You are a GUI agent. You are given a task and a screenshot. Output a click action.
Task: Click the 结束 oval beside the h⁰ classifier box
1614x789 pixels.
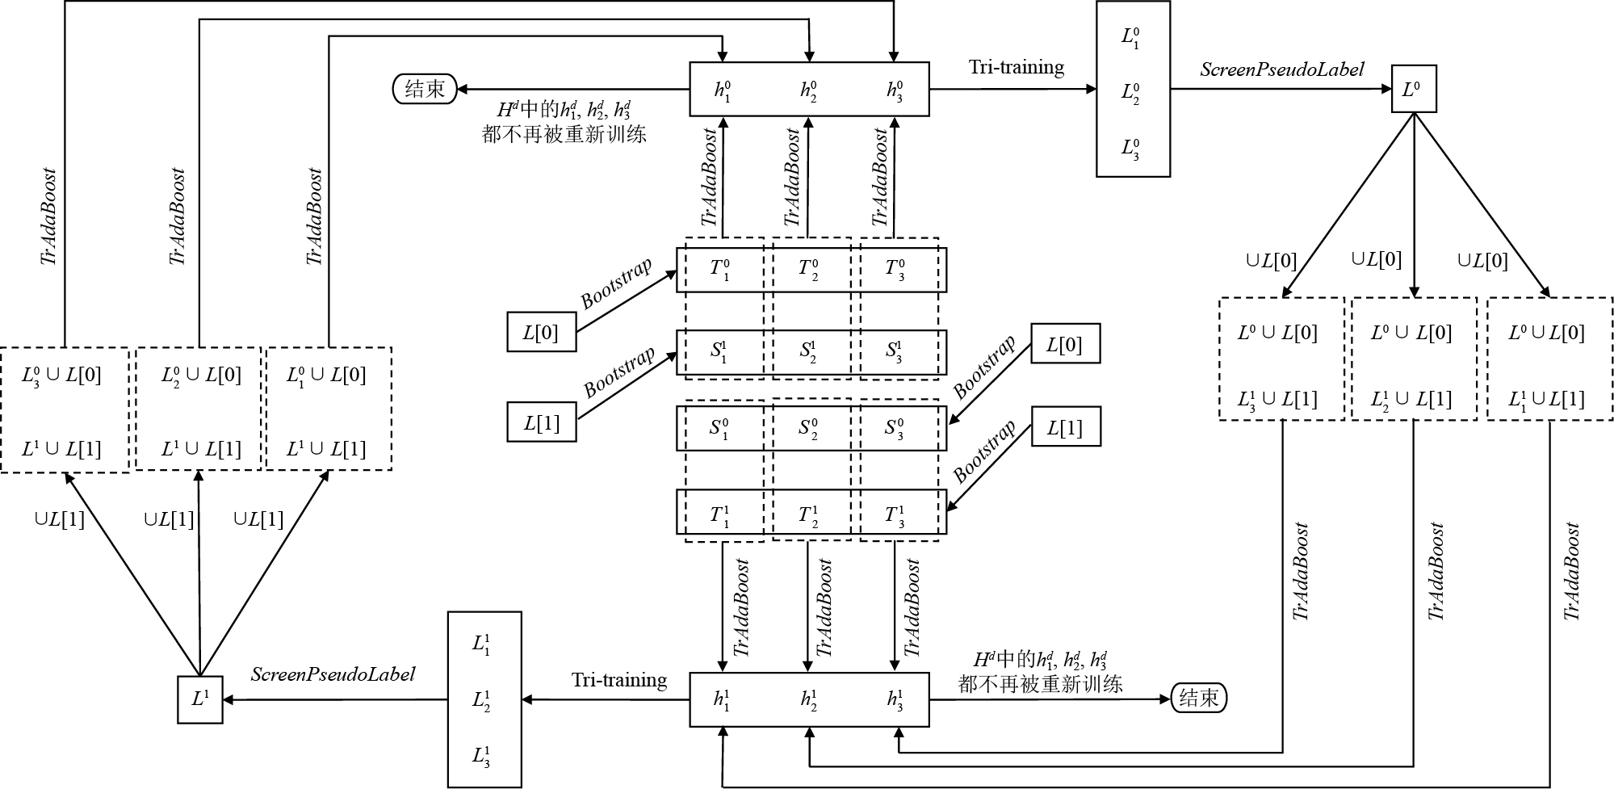point(425,88)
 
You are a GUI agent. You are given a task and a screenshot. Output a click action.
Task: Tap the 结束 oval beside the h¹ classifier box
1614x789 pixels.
point(1199,698)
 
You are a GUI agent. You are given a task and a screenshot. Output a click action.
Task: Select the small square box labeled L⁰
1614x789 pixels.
point(1414,89)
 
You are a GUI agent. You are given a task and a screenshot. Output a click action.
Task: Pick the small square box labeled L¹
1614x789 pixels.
point(200,699)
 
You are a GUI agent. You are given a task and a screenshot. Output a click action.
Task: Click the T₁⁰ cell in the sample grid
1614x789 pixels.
point(720,269)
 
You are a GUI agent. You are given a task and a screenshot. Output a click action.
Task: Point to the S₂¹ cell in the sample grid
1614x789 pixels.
point(809,352)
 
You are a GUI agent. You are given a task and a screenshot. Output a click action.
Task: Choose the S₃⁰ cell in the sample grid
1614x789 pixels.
point(895,429)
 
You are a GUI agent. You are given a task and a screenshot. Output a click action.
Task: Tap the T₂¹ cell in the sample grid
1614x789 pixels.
point(809,514)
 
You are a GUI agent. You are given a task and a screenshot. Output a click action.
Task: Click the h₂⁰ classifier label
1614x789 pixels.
point(809,90)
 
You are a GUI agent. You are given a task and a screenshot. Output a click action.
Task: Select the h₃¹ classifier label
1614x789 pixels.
point(895,699)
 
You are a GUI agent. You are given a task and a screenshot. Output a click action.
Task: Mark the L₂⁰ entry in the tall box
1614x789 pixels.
point(1131,92)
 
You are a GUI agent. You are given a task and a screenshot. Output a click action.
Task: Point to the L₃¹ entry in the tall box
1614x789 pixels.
point(481,756)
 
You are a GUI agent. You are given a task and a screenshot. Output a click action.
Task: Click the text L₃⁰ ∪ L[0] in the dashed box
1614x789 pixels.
point(61,375)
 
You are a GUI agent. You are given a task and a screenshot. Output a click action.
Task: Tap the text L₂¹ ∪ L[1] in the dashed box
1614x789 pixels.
point(1411,399)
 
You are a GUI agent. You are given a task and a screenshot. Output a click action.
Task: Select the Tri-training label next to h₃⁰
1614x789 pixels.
point(1017,67)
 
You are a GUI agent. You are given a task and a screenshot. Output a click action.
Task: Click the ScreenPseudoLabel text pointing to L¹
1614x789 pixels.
point(333,674)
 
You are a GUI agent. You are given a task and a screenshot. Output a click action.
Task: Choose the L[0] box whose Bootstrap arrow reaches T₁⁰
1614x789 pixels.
point(541,333)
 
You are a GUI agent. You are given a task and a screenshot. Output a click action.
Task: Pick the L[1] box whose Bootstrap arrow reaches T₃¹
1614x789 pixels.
point(1065,428)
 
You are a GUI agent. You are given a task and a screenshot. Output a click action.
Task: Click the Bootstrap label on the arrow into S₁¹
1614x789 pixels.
point(620,373)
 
